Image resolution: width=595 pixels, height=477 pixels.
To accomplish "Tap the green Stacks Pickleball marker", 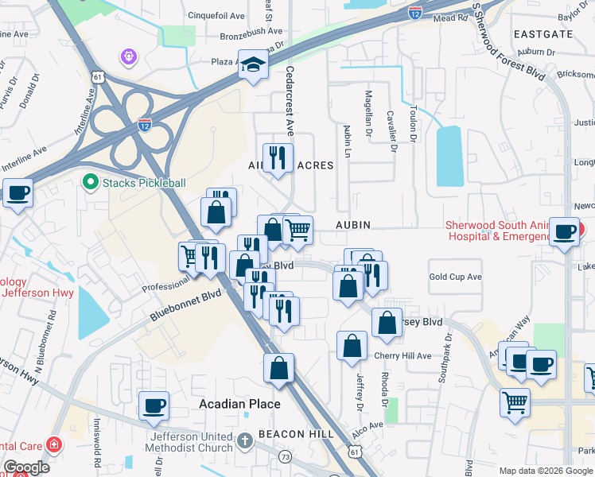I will (x=91, y=183).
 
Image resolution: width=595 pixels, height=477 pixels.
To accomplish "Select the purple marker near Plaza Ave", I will (x=128, y=56).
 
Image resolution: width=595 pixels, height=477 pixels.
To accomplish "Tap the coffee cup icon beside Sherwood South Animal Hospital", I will (x=565, y=232).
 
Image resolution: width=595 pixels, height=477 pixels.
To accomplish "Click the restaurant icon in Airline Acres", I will (x=278, y=157).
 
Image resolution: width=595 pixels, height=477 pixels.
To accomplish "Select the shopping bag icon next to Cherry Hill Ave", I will (x=352, y=346).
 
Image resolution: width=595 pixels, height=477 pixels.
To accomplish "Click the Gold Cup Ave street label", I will (x=456, y=277).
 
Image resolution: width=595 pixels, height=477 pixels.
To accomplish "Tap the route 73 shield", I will (x=285, y=456).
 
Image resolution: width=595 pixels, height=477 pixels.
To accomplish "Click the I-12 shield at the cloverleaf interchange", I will (x=144, y=125).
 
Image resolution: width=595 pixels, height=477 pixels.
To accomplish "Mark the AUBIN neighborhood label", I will (x=353, y=225).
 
